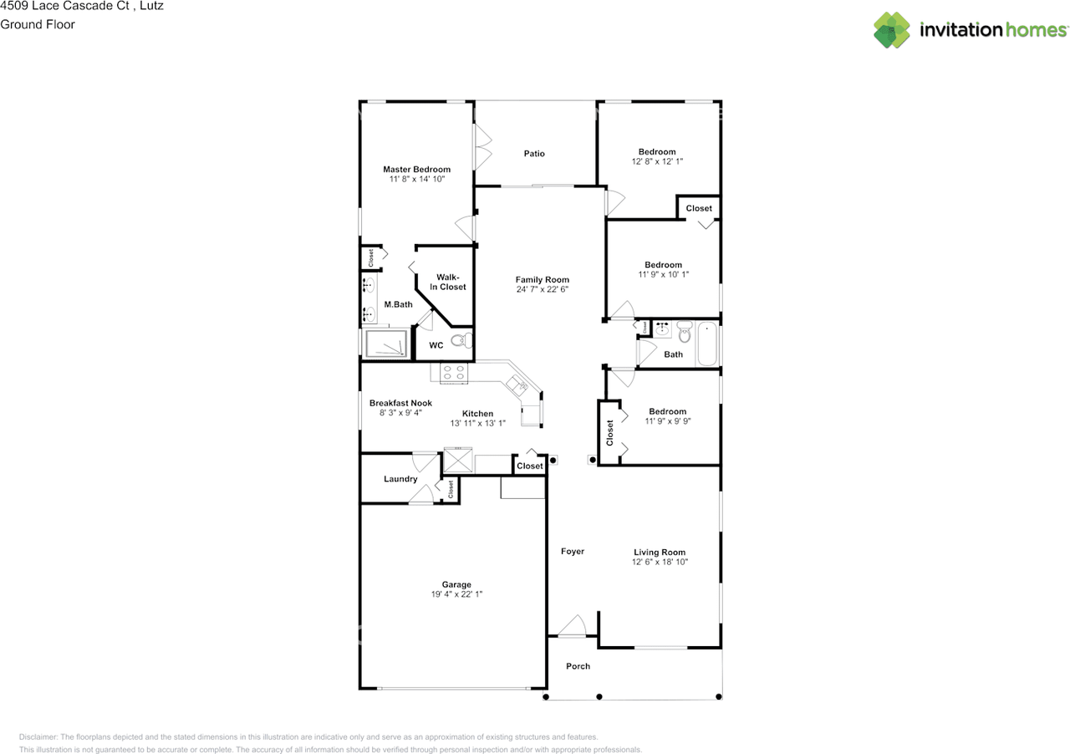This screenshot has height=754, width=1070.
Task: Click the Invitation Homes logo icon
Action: pos(892,29)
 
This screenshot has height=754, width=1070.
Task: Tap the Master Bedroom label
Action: pos(416,169)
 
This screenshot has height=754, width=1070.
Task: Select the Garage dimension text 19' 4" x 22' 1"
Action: pos(456,594)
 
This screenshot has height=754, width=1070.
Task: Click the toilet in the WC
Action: pos(461,340)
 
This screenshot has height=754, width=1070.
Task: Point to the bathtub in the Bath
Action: pos(707,344)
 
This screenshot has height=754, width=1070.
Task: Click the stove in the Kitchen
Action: pos(454,373)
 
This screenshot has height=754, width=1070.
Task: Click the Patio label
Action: pos(534,153)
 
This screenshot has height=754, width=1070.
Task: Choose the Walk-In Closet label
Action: pos(448,282)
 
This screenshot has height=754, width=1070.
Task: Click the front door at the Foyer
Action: pos(573,626)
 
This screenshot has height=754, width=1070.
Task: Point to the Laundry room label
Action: pos(400,479)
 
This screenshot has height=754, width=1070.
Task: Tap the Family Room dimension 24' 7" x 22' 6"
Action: pos(542,290)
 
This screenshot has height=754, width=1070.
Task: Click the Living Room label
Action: pos(660,552)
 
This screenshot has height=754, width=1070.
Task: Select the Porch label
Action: pos(578,666)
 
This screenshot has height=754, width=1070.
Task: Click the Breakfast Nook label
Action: pos(400,403)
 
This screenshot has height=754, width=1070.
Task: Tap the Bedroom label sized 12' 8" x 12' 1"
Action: pos(657,151)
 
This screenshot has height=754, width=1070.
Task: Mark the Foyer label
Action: pos(573,551)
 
